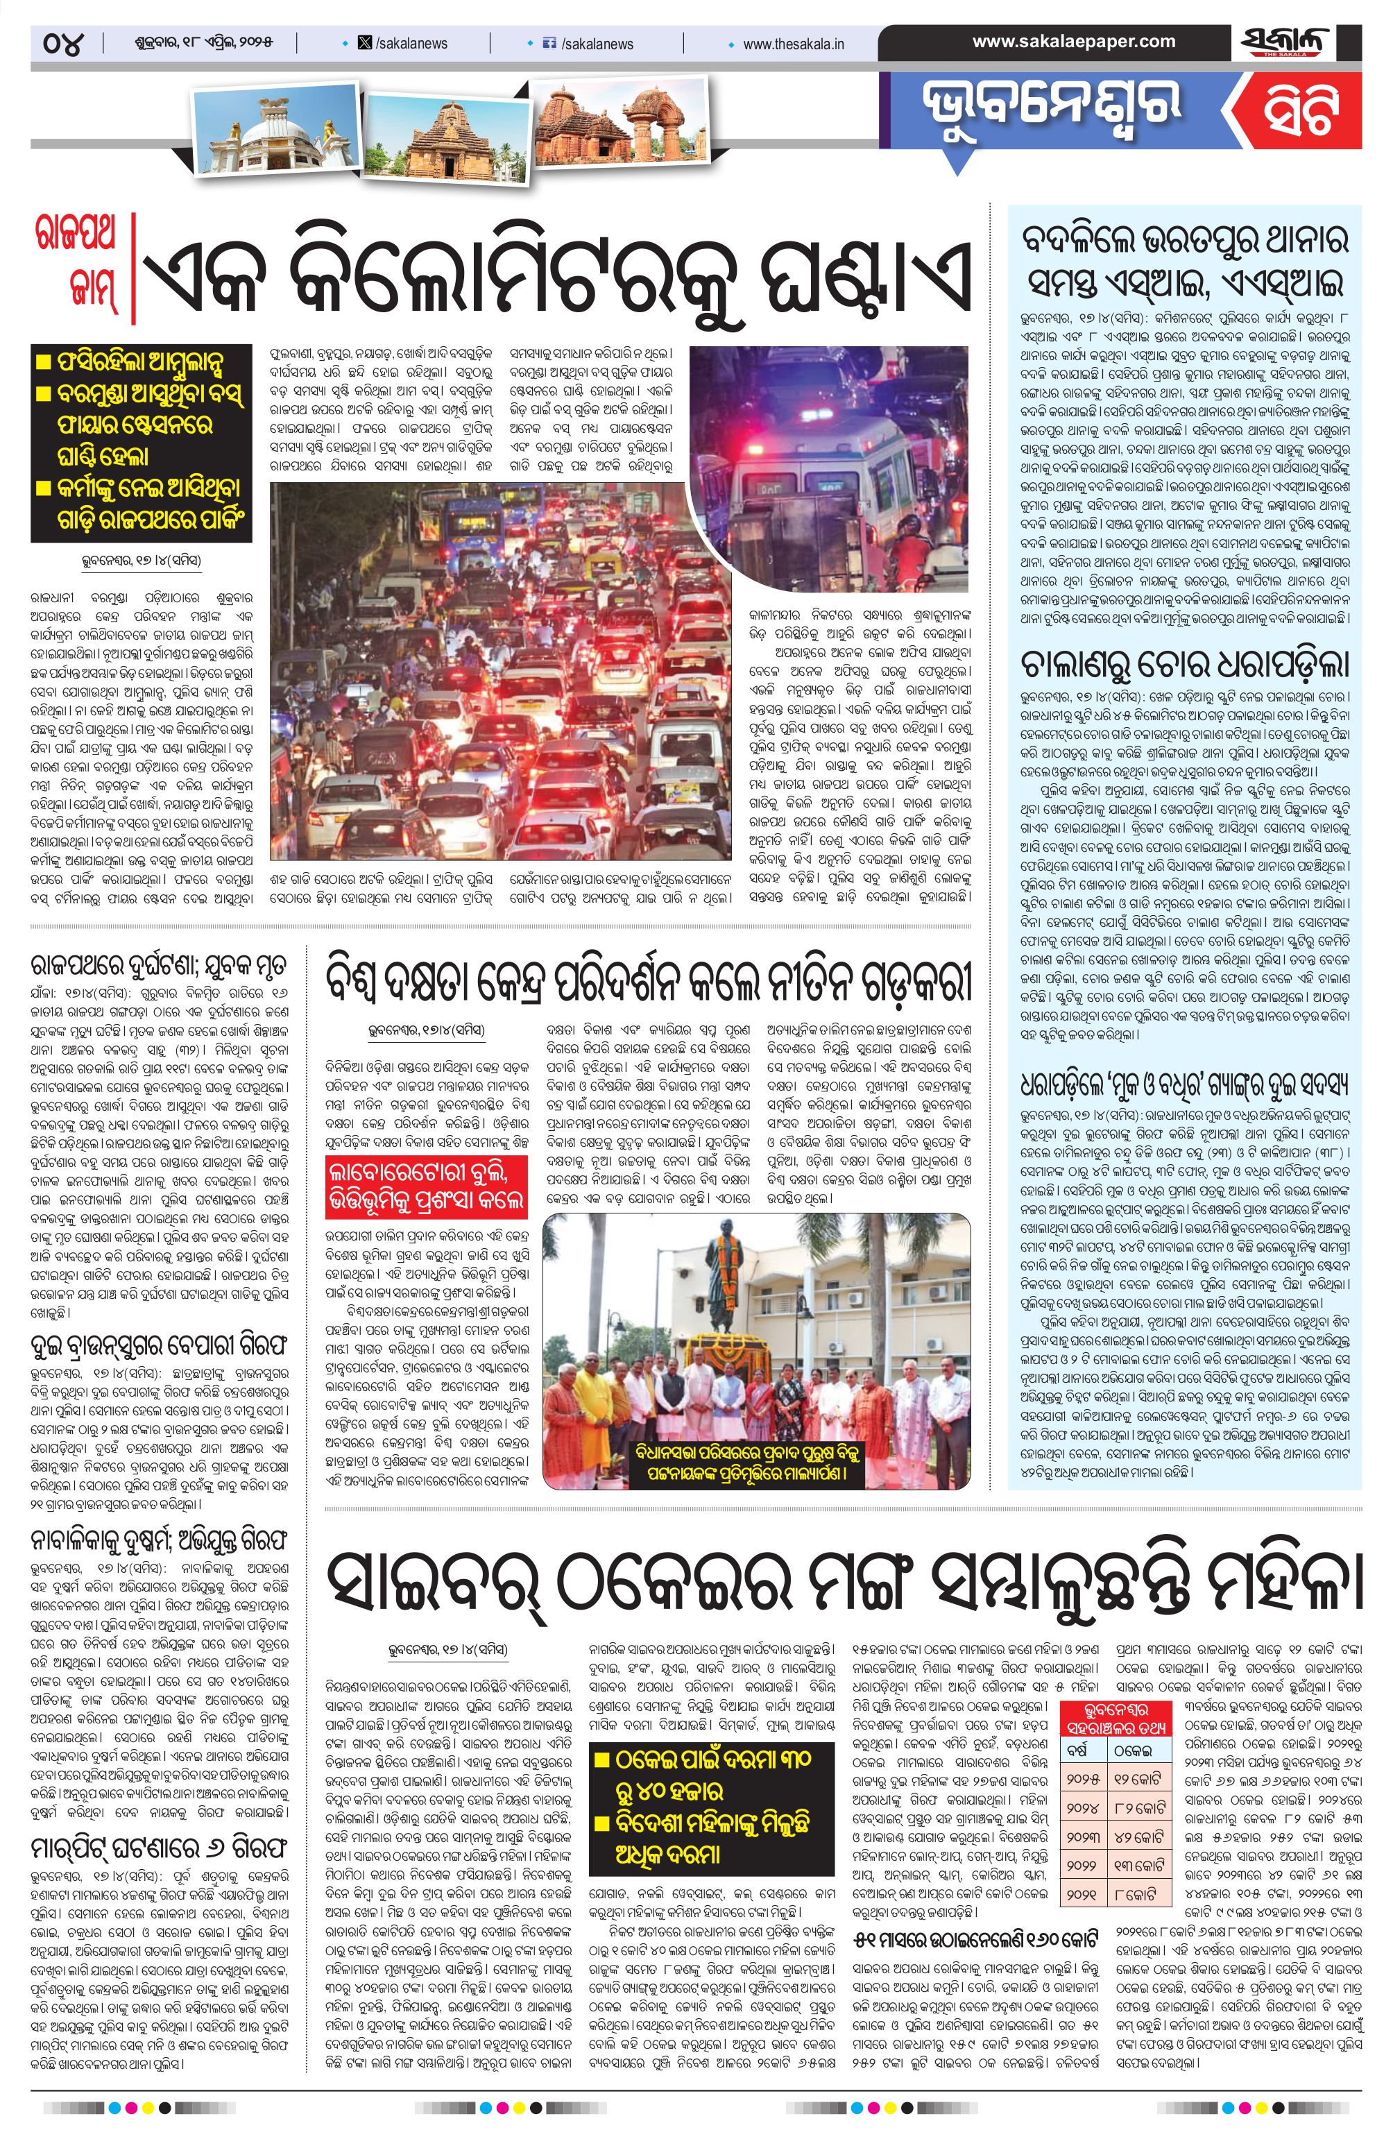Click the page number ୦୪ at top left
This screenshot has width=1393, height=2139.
click(x=64, y=43)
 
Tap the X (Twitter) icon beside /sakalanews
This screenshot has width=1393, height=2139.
click(x=364, y=43)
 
